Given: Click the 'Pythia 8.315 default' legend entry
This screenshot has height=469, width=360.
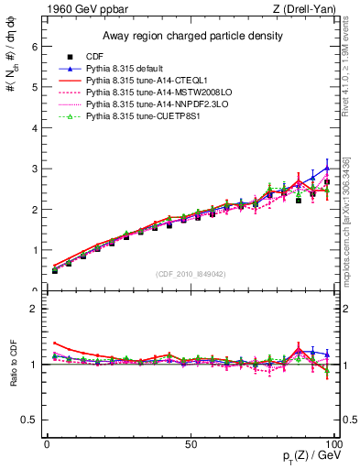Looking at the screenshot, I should [125, 69].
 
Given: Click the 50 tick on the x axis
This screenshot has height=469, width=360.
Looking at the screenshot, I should [191, 443].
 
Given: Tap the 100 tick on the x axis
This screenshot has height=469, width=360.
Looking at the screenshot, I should [333, 443].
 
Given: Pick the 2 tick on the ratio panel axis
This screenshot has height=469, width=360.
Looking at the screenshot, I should [32, 309].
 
